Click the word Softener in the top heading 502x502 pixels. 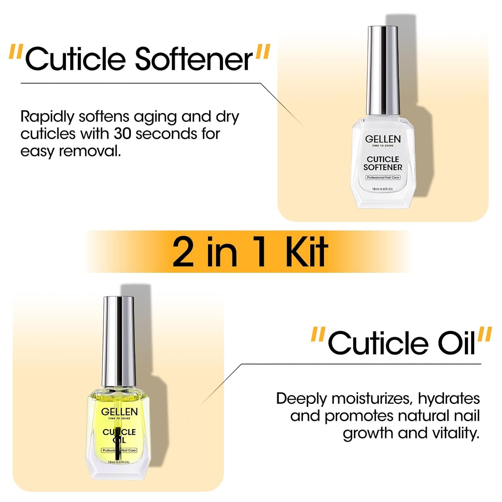click(193, 59)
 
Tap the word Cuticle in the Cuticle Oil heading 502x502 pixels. click(378, 343)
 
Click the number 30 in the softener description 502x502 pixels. click(123, 134)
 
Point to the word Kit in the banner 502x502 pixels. click(306, 252)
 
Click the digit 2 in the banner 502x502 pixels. click(183, 252)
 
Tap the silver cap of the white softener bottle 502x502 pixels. click(383, 70)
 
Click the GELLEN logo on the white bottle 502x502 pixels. click(383, 139)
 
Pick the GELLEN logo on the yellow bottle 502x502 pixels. click(119, 412)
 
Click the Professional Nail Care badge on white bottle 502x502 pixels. click(383, 177)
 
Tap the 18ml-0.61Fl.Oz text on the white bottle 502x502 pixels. click(383, 189)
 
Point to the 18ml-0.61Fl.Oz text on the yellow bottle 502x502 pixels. click(119, 462)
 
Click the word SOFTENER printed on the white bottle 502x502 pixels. click(383, 167)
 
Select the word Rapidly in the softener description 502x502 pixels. click(47, 117)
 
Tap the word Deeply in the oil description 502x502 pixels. click(301, 399)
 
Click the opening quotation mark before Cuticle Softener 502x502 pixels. click(16, 52)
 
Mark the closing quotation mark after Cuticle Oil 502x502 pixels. click(484, 335)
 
